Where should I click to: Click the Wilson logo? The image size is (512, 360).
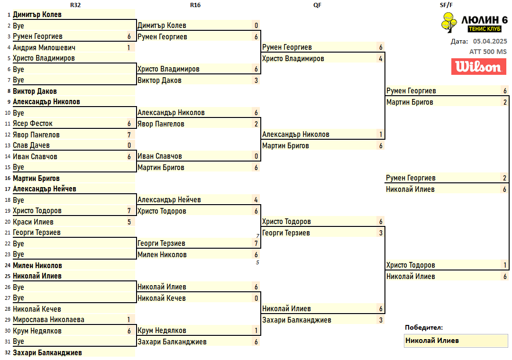pyautogui.click(x=479, y=67)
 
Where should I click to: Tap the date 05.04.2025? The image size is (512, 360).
pyautogui.click(x=490, y=42)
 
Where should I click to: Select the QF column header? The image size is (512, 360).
pyautogui.click(x=317, y=5)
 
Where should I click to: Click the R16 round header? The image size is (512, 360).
pyautogui.click(x=195, y=5)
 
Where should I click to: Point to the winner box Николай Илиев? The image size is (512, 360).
pyautogui.click(x=456, y=341)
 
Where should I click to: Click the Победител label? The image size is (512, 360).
pyautogui.click(x=424, y=327)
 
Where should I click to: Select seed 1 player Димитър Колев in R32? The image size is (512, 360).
pyautogui.click(x=37, y=15)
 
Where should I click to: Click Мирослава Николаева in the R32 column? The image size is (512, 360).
pyautogui.click(x=49, y=320)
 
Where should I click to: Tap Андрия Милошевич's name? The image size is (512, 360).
pyautogui.click(x=44, y=48)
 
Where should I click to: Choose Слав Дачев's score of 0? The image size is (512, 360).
pyautogui.click(x=129, y=145)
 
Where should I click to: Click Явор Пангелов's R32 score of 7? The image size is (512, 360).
pyautogui.click(x=129, y=135)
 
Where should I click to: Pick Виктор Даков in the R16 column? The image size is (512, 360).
pyautogui.click(x=159, y=81)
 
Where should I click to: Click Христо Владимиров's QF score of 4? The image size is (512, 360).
pyautogui.click(x=381, y=59)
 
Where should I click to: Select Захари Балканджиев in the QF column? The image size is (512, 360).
pyautogui.click(x=296, y=320)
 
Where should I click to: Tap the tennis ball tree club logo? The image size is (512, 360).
pyautogui.click(x=449, y=22)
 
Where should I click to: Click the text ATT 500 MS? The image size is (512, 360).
pyautogui.click(x=488, y=52)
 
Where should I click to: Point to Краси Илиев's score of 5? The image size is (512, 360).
pyautogui.click(x=129, y=222)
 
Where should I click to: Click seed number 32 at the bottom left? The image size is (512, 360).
pyautogui.click(x=8, y=353)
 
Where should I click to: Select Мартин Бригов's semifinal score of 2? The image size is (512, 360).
pyautogui.click(x=505, y=102)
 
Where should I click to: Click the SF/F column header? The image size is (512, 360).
pyautogui.click(x=446, y=5)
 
